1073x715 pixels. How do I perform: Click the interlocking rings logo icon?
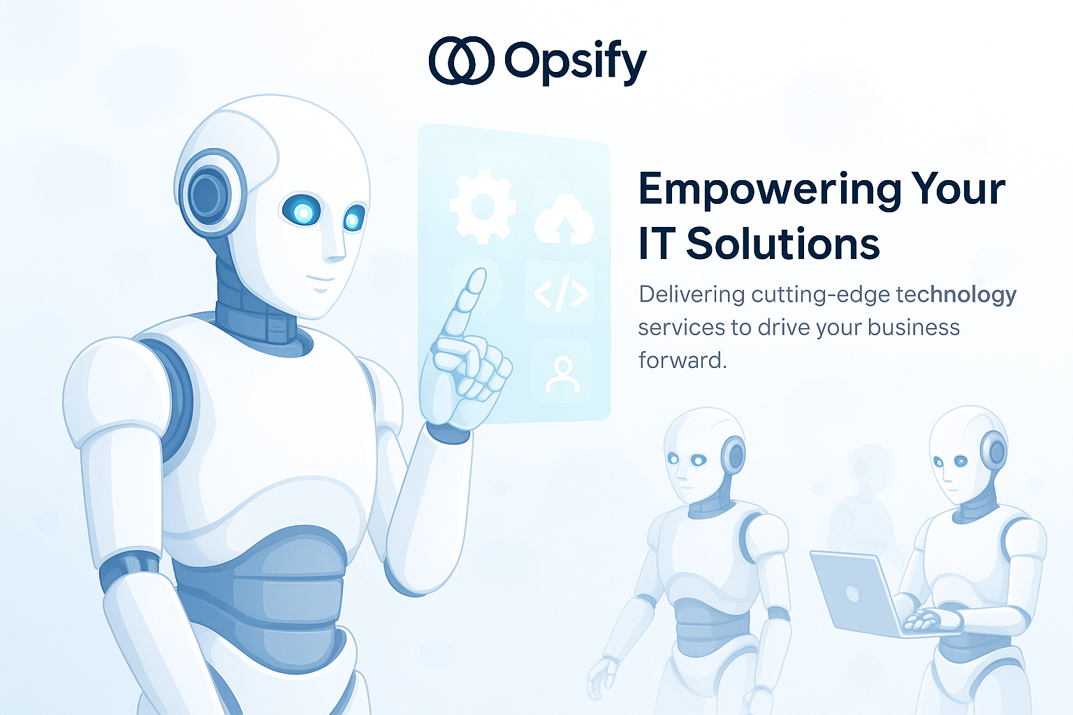pyautogui.click(x=462, y=61)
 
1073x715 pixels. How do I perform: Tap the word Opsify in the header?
pyautogui.click(x=575, y=62)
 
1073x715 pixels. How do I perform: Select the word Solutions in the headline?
pyautogui.click(x=782, y=244)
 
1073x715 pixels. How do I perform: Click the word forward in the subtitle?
pyautogui.click(x=681, y=360)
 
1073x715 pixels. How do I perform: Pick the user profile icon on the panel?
pyautogui.click(x=562, y=374)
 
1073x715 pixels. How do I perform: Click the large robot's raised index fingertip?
pyautogui.click(x=476, y=279)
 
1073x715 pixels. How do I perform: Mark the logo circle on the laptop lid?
pyautogui.click(x=853, y=594)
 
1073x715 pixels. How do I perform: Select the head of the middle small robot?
pyautogui.click(x=702, y=454)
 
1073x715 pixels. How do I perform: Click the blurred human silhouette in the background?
pyautogui.click(x=866, y=503)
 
